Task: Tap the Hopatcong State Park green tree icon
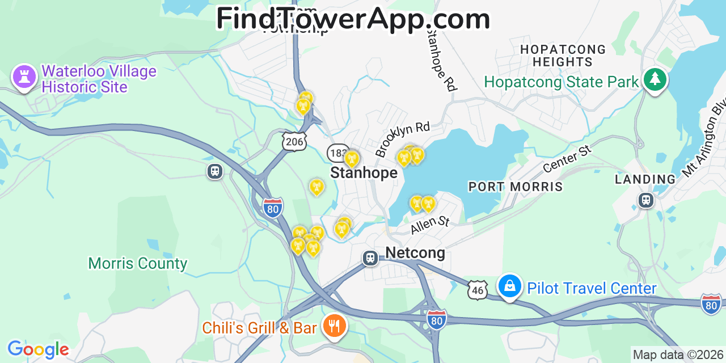click(655, 81)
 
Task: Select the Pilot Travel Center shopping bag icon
click(510, 286)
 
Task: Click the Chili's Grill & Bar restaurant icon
click(335, 327)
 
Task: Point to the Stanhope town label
click(364, 172)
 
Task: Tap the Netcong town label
click(415, 252)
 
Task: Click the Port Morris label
click(515, 187)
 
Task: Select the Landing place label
click(645, 180)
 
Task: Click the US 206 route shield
click(294, 141)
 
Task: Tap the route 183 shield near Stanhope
click(337, 153)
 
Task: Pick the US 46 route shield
click(478, 290)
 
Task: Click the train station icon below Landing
click(645, 200)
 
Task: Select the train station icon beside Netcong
click(370, 258)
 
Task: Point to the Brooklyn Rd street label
click(402, 138)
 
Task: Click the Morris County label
click(138, 263)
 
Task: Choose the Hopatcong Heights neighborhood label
click(563, 56)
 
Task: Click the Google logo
click(37, 349)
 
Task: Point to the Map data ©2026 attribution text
click(678, 355)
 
